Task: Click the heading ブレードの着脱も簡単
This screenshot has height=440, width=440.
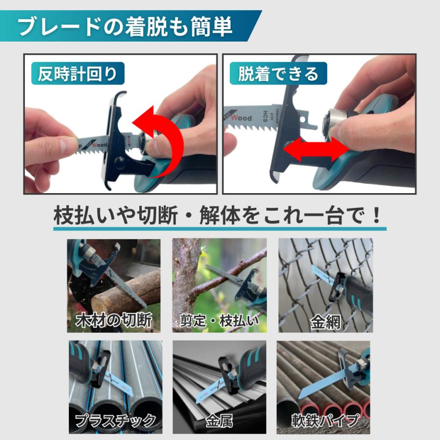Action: [125, 27]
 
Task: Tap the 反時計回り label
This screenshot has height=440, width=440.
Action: [78, 74]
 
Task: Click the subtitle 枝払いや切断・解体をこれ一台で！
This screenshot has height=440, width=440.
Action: [218, 215]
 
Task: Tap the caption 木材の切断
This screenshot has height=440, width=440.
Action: [114, 321]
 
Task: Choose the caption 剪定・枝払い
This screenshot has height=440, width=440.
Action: [220, 321]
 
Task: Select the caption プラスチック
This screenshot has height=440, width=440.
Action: [115, 420]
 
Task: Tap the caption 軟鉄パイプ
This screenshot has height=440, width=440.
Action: [325, 420]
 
